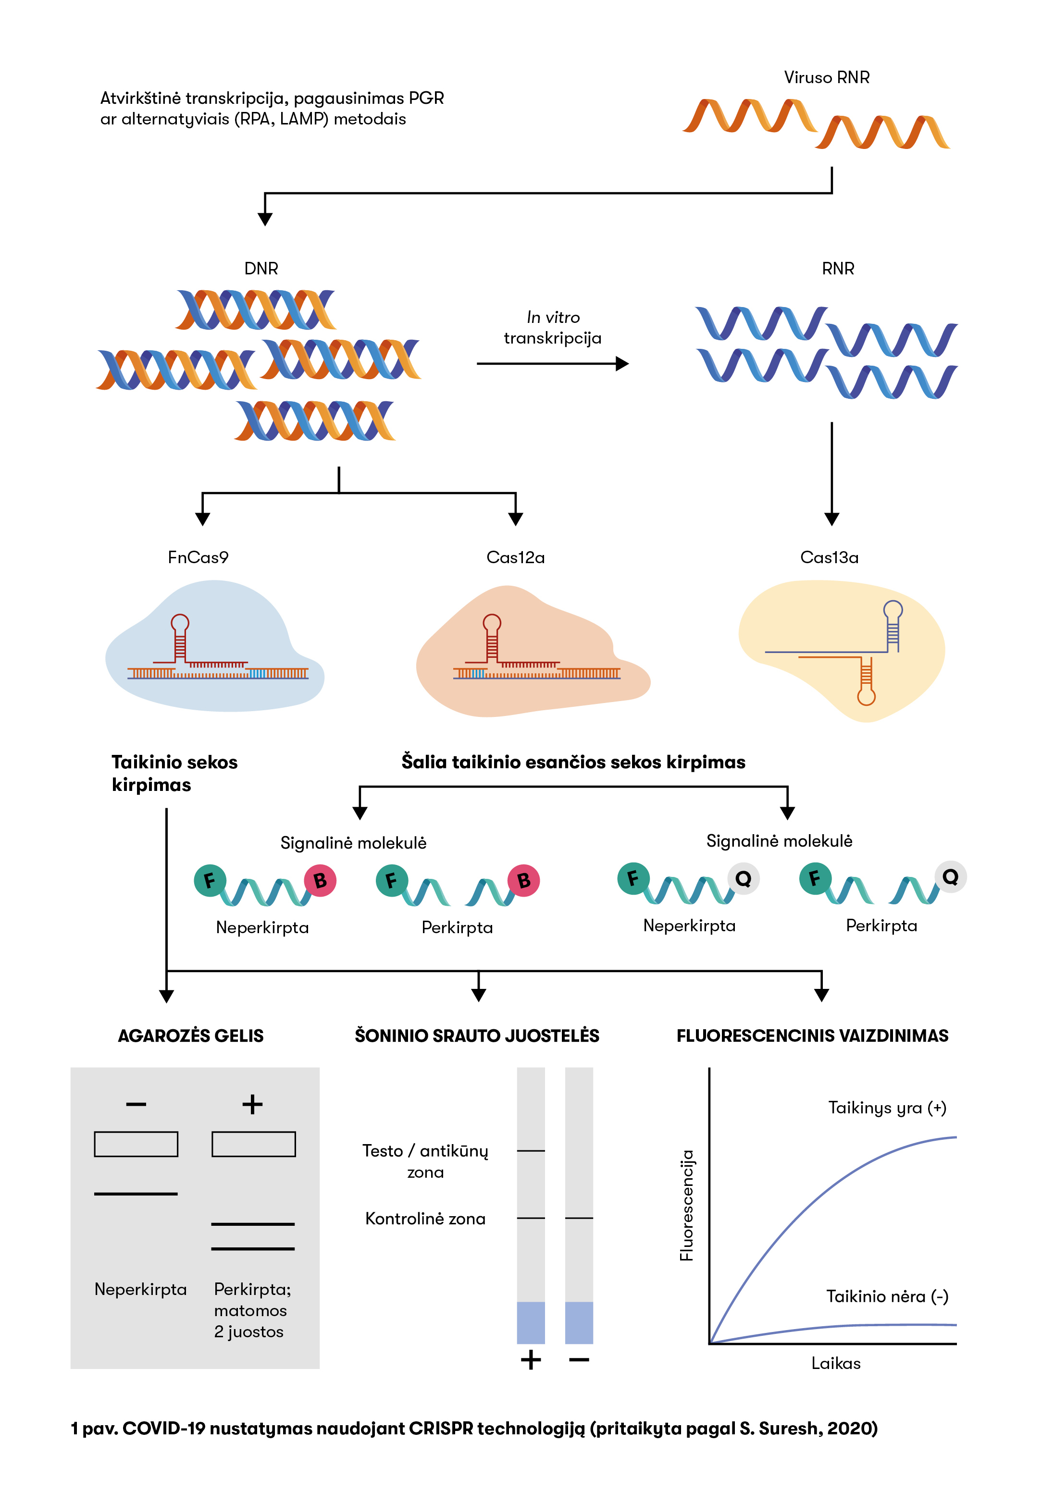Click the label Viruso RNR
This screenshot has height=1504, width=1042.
click(827, 78)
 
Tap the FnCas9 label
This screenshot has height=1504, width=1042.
click(198, 557)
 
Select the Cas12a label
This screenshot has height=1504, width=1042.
click(515, 557)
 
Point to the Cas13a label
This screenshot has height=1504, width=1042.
click(829, 557)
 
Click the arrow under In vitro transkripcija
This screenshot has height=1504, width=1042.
click(552, 364)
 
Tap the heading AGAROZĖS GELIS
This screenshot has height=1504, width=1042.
click(191, 1036)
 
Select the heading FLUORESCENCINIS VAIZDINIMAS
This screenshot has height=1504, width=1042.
click(812, 1036)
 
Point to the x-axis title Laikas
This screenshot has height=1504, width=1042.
click(836, 1364)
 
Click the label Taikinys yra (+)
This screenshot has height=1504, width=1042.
click(887, 1108)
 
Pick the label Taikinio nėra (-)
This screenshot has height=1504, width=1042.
click(887, 1296)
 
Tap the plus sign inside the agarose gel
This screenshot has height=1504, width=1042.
click(253, 1105)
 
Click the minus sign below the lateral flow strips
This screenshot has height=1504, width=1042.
click(579, 1360)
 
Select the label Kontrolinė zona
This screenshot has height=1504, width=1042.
click(425, 1219)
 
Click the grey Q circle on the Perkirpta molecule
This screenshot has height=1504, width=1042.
click(951, 876)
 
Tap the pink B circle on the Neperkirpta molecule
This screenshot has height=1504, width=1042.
click(320, 881)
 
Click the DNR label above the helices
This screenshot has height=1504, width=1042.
click(261, 269)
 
